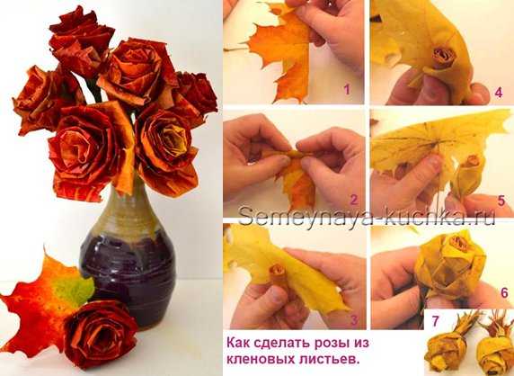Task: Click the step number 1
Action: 347,89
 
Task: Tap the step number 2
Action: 354,200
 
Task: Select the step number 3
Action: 354,320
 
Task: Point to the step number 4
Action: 498,93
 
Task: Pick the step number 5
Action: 501,201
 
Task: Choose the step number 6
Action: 504,292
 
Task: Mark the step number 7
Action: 435,321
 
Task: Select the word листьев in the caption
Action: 330,359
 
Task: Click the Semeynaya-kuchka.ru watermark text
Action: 367,215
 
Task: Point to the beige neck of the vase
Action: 128,207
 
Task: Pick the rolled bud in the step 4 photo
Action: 443,58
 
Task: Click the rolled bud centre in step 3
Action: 278,272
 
